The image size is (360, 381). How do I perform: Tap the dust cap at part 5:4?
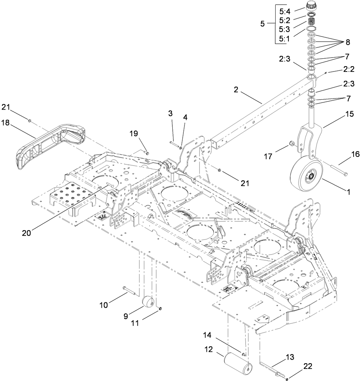[x=312, y=6]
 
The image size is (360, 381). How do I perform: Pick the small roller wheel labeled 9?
[x=148, y=302]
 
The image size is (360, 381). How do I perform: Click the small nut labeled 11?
[x=160, y=307]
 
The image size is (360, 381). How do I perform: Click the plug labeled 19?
[x=147, y=153]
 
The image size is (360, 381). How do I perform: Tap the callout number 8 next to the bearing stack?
[x=347, y=42]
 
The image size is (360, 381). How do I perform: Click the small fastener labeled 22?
[x=288, y=380]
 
